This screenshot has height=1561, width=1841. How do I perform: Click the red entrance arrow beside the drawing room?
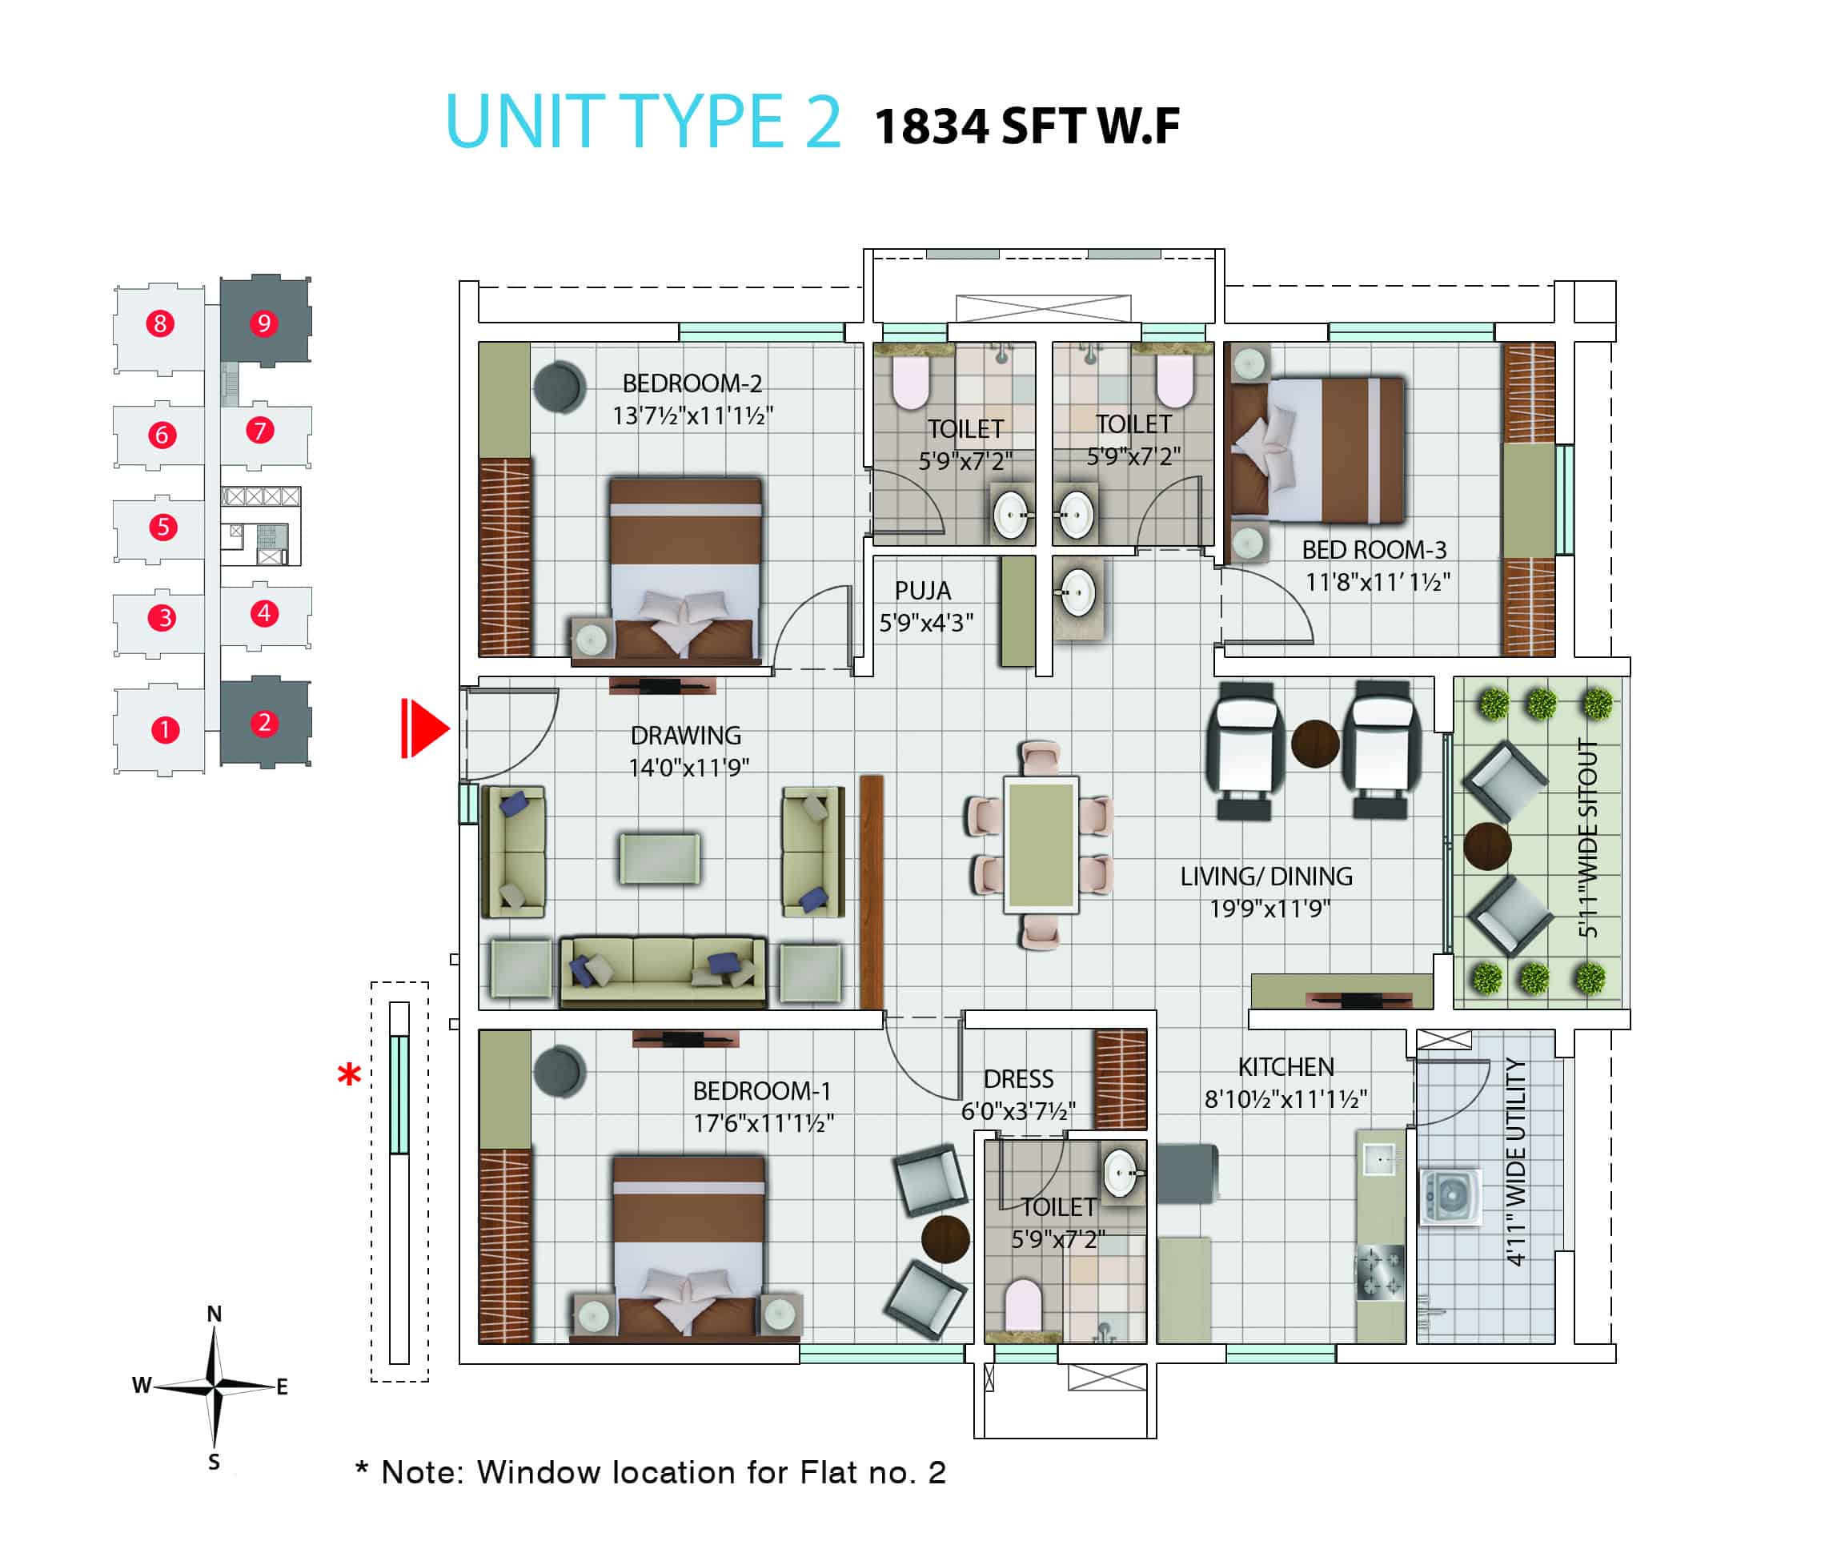click(x=425, y=728)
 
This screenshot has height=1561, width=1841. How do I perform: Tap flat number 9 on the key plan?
click(x=263, y=323)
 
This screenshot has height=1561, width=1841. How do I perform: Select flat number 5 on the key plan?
click(x=162, y=528)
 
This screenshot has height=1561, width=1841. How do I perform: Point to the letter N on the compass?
click(x=214, y=1314)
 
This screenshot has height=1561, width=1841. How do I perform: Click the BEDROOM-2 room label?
click(x=692, y=383)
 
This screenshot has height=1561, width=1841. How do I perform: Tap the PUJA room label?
click(x=923, y=590)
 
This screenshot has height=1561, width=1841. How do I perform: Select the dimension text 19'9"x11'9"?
click(x=1269, y=909)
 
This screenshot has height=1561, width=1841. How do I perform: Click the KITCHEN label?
click(x=1285, y=1066)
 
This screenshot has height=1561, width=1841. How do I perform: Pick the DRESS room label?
click(x=1018, y=1079)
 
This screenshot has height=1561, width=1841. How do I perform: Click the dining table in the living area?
click(x=1041, y=845)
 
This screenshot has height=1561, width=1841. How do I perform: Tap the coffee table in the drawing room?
click(x=660, y=857)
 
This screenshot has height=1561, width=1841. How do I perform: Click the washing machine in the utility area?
click(x=1450, y=1198)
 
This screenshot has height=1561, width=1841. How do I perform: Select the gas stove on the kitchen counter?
click(x=1380, y=1273)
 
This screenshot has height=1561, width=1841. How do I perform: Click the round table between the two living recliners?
click(x=1314, y=744)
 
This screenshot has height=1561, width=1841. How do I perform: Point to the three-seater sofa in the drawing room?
click(x=663, y=972)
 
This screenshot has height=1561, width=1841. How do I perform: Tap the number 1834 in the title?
click(x=931, y=126)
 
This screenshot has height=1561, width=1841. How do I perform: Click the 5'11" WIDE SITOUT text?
click(x=1588, y=838)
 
